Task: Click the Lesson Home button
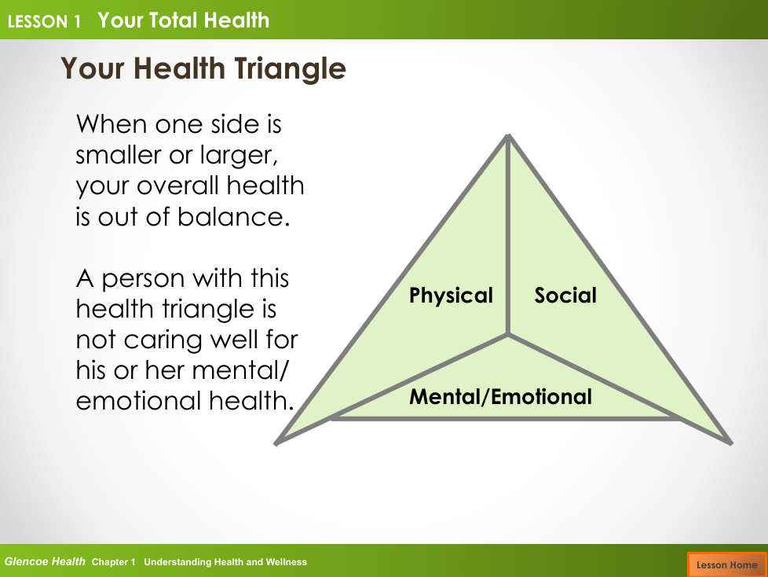coord(727,564)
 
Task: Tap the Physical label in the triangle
coord(451,296)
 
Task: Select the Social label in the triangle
coord(565,295)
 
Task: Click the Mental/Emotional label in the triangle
coord(500,397)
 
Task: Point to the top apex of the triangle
coord(508,136)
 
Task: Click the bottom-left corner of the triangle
coord(276,443)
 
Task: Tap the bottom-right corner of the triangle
coord(731,443)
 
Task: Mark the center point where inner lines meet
coord(508,335)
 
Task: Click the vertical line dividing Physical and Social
coord(508,235)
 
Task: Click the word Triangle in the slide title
coord(290,68)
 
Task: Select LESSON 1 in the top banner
coord(44,21)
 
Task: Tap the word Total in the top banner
coord(173,20)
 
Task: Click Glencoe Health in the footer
coord(45,561)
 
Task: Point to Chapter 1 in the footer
coord(113,562)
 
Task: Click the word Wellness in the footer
coord(286,562)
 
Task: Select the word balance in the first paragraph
coord(234,217)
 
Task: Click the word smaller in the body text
coord(119,155)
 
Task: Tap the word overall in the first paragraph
coord(177,186)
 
